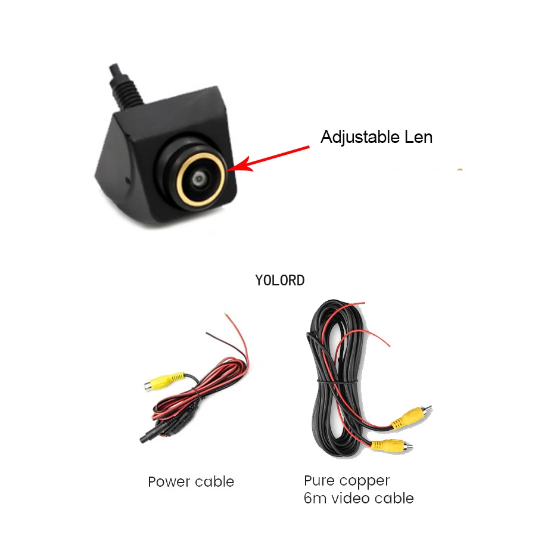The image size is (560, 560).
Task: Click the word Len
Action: click(x=418, y=137)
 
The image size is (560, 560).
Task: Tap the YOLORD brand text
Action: click(x=279, y=281)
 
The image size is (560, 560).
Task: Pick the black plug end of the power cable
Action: click(x=150, y=435)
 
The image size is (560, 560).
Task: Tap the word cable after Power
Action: click(x=214, y=482)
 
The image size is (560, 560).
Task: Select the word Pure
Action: click(x=319, y=480)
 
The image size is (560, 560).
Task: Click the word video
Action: click(x=351, y=498)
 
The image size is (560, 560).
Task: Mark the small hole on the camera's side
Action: click(x=128, y=181)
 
